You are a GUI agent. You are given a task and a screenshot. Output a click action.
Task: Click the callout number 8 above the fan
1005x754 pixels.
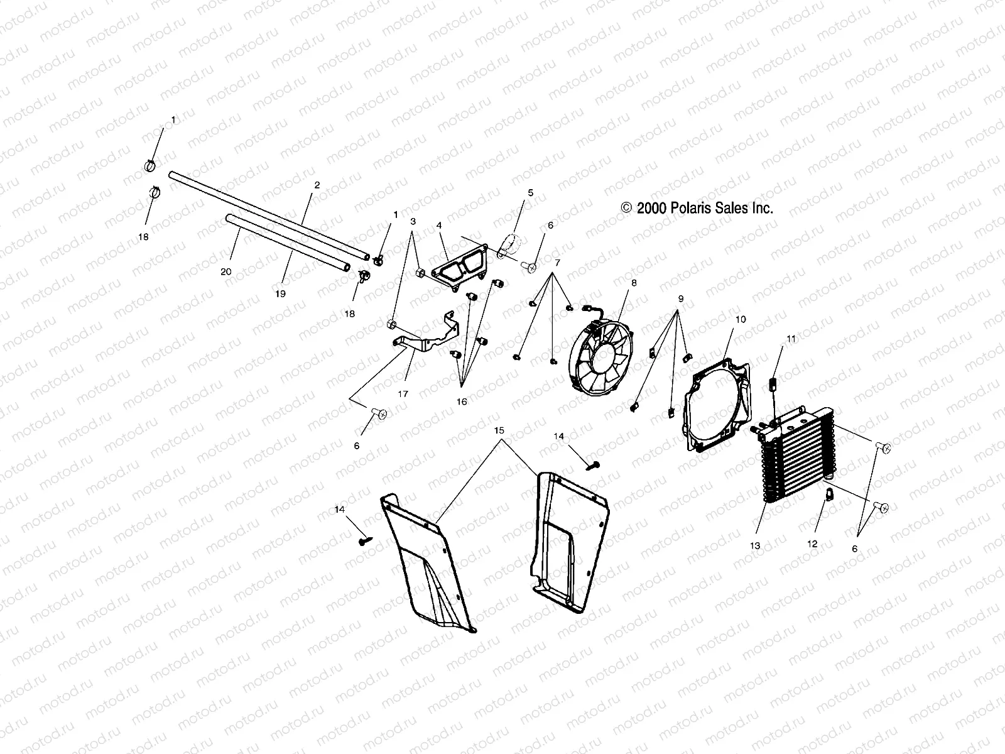(x=634, y=283)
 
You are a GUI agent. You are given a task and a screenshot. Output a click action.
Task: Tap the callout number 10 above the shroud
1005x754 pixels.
(x=741, y=319)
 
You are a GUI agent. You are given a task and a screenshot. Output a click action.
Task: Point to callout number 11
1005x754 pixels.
(x=791, y=339)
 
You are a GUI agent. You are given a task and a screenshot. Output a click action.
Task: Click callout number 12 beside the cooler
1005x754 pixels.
(x=812, y=544)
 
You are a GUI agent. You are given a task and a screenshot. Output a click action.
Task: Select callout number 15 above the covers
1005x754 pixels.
(x=499, y=431)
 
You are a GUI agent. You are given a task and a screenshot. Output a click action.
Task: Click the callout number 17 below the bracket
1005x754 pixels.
(x=403, y=394)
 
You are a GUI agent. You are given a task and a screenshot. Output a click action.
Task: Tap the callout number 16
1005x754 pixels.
(x=462, y=402)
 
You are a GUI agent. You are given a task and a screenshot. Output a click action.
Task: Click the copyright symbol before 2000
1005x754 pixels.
(x=626, y=208)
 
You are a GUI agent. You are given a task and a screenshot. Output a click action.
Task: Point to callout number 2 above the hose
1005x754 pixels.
(x=317, y=185)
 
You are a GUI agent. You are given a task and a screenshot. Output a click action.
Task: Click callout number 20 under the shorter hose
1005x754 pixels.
(x=226, y=271)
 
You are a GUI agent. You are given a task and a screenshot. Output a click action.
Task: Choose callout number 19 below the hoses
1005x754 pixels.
(x=280, y=293)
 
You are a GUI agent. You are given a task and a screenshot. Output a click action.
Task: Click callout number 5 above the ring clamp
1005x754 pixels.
(x=530, y=193)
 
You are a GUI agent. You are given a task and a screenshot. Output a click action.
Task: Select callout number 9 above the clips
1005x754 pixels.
(x=680, y=298)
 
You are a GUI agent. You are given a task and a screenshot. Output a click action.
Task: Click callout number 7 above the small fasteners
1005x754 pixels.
(x=556, y=261)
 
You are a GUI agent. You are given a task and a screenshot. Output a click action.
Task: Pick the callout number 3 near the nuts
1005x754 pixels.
(x=413, y=221)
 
